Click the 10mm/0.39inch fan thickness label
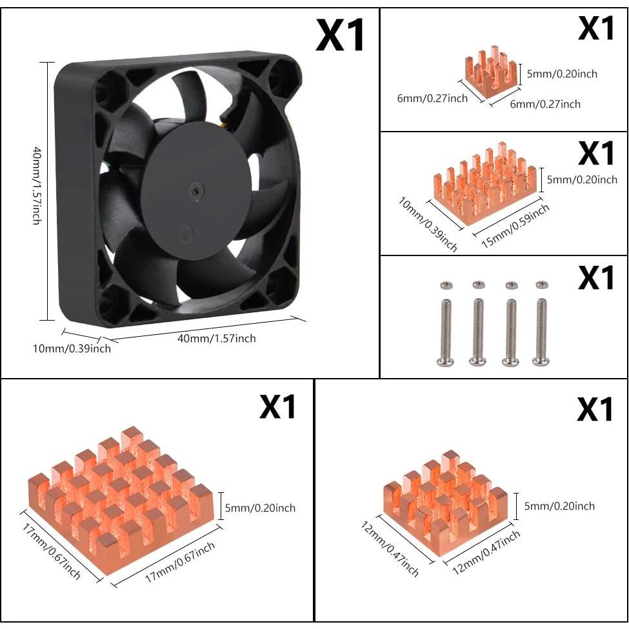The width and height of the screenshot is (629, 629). [x=72, y=348]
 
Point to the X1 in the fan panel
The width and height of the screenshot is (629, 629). [x=340, y=35]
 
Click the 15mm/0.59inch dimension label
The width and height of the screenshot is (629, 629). [x=516, y=226]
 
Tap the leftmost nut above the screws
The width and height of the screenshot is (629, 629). [x=443, y=285]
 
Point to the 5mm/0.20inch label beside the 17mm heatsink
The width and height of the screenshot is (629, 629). [x=261, y=508]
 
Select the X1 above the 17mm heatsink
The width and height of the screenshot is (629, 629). [x=277, y=406]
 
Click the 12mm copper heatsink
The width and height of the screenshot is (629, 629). [x=445, y=503]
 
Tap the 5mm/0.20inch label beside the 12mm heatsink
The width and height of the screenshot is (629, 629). [x=559, y=506]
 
